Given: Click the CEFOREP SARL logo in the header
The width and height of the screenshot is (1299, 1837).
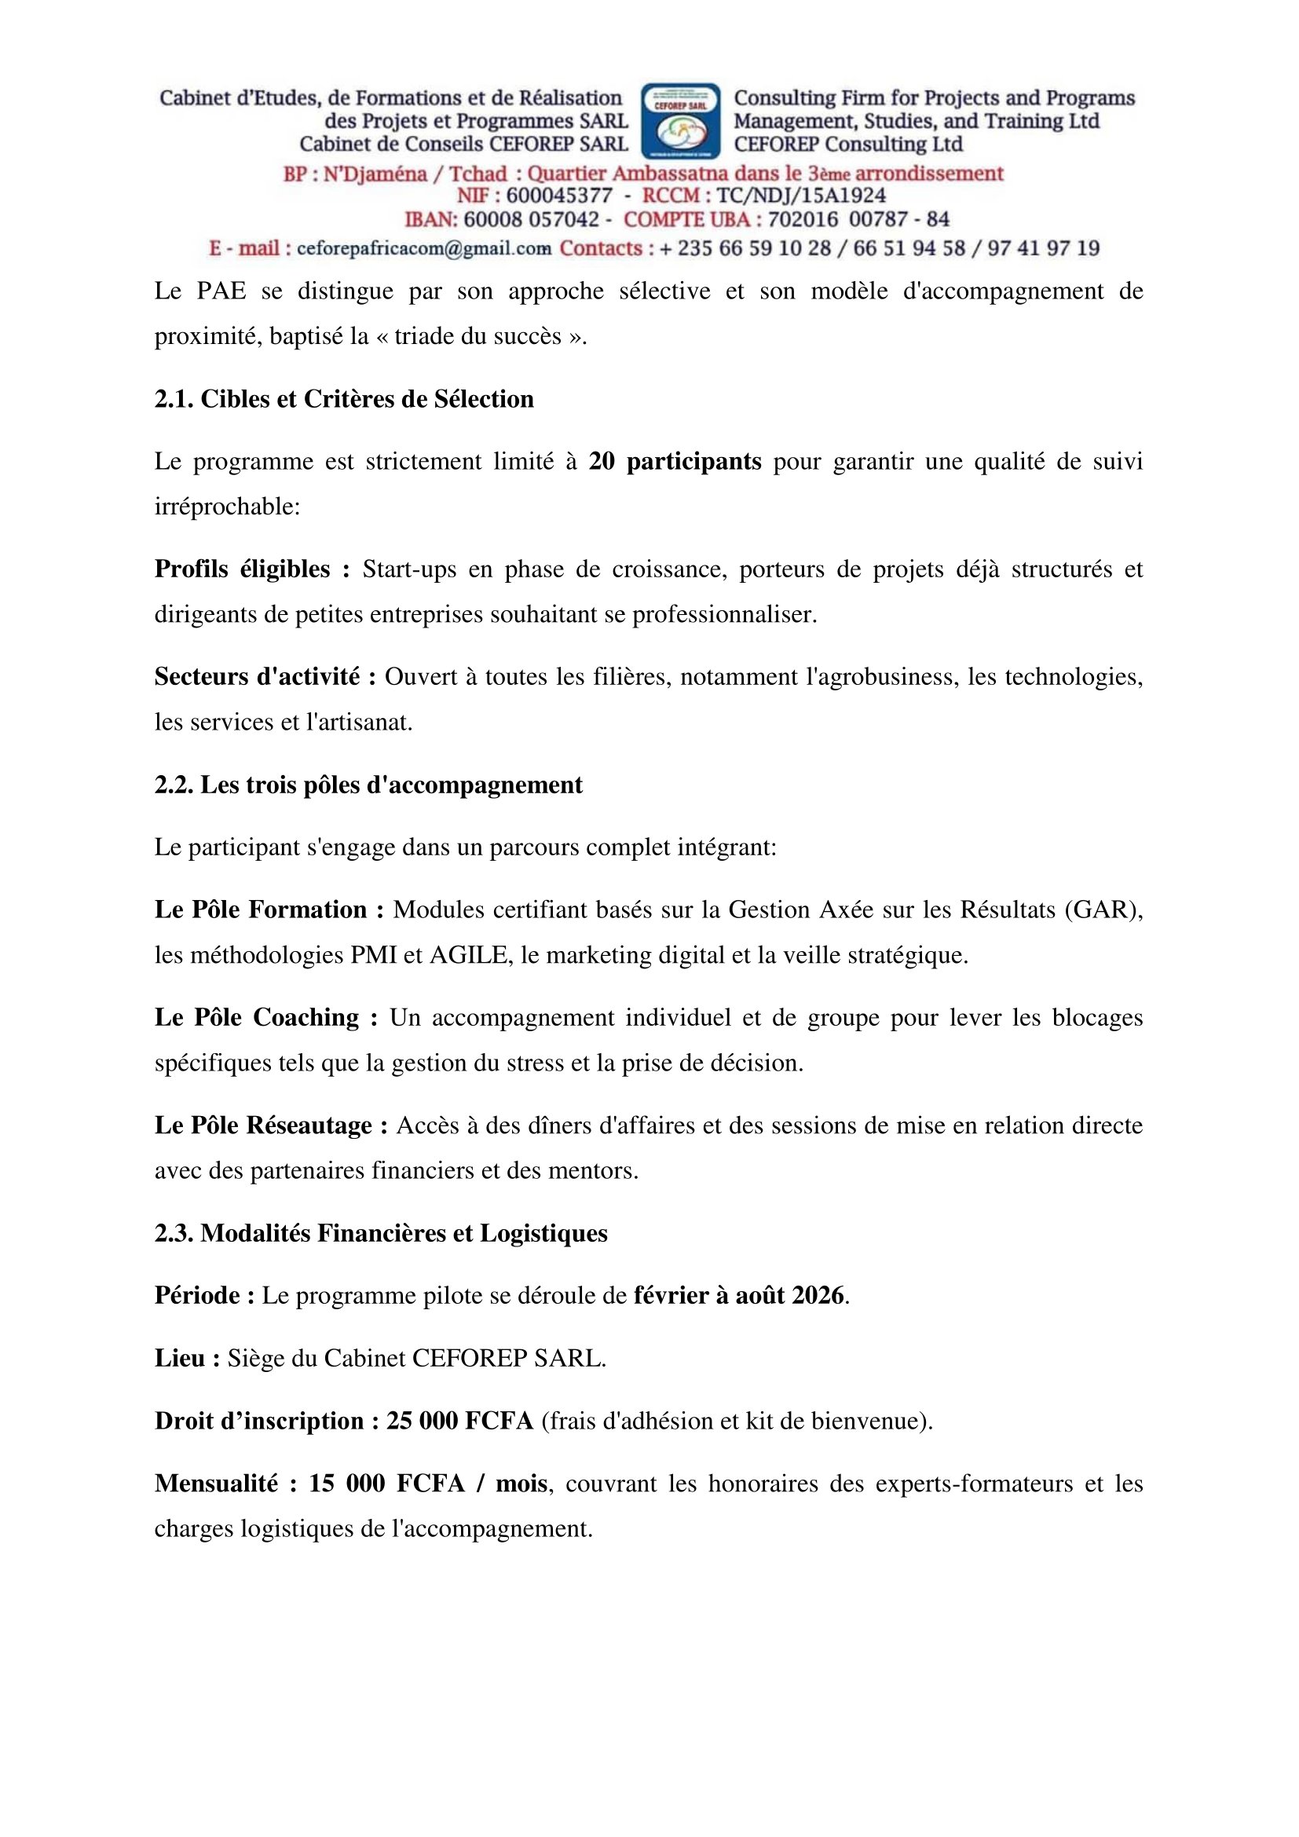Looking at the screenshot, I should point(681,121).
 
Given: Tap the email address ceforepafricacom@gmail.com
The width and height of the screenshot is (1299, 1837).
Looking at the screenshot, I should point(424,248).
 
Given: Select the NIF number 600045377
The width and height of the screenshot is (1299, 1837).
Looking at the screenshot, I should point(559,196).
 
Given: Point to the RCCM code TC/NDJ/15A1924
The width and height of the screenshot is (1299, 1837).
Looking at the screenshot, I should point(800,196).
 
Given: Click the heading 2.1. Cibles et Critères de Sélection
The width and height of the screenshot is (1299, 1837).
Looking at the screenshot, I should point(344,398).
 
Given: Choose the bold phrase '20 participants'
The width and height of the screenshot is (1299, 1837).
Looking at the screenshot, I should point(675,462).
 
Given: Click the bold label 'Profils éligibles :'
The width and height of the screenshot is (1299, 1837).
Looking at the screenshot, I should point(252,569).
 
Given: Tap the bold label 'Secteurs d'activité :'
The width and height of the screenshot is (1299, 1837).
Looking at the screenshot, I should point(265,677).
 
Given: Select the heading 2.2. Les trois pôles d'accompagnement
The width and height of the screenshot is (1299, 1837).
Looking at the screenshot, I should point(368,785).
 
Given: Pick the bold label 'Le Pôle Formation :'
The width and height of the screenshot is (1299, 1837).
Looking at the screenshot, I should point(269,909).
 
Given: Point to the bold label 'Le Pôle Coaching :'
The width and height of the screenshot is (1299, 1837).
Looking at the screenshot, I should point(265,1018).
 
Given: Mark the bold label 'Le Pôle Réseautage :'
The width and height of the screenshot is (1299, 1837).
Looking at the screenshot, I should point(271,1125).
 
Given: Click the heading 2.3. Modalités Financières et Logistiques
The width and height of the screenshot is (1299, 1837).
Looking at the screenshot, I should point(381,1233).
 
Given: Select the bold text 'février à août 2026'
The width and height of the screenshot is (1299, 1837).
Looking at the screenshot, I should point(739,1295).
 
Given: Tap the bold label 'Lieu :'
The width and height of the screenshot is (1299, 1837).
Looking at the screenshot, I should point(187,1358).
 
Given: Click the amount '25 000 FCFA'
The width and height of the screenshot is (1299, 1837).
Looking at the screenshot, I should point(460,1421).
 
